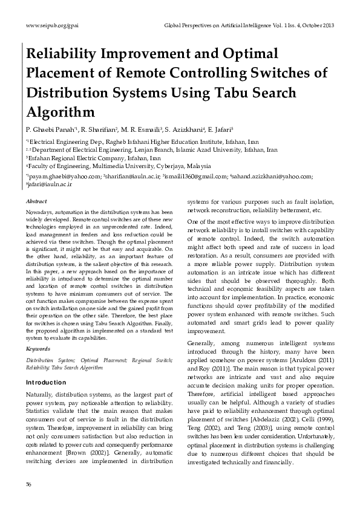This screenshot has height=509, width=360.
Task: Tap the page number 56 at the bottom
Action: (28, 485)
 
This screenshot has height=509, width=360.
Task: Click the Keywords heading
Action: (38, 349)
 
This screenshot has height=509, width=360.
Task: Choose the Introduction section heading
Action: (46, 383)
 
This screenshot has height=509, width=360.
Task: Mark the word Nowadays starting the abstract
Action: (39, 212)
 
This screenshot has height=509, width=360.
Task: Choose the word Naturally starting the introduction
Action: (43, 394)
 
